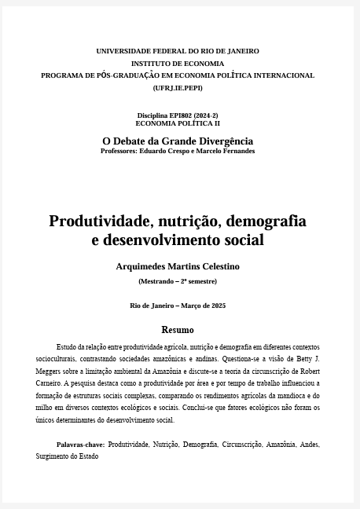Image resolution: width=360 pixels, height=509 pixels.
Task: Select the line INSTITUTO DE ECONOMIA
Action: click(178, 64)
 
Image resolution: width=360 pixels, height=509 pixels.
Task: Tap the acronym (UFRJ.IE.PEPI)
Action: click(178, 88)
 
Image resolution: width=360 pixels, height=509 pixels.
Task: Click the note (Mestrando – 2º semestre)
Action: click(178, 281)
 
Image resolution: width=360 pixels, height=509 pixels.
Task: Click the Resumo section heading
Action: click(178, 330)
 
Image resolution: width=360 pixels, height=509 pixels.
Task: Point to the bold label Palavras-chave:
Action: click(80, 445)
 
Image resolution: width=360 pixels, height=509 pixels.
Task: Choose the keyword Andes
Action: click(309, 445)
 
